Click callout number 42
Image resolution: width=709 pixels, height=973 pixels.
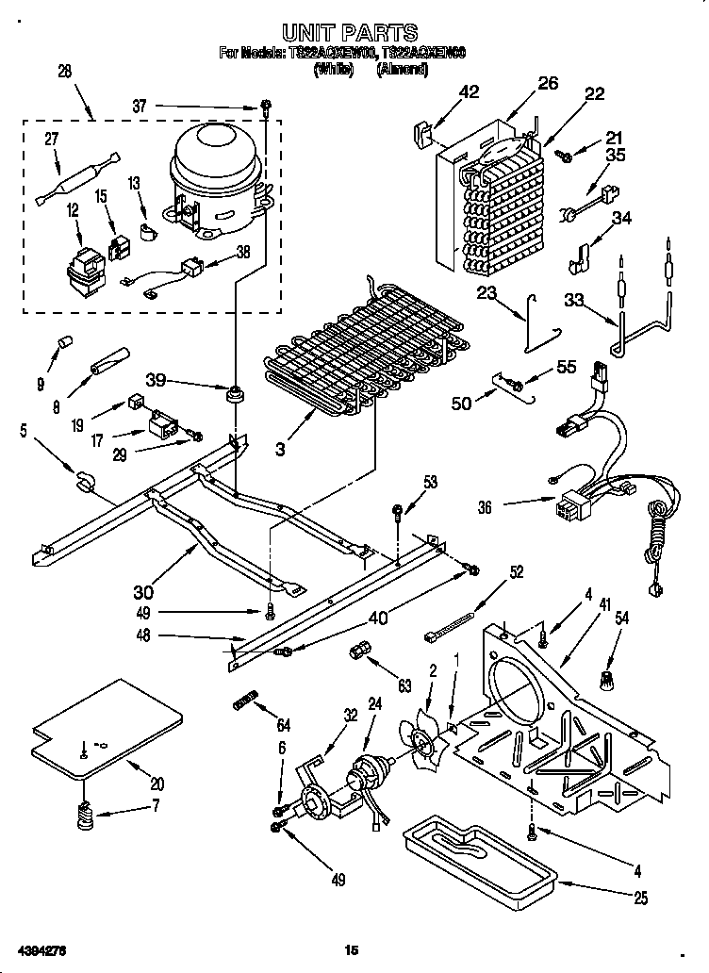point(468,91)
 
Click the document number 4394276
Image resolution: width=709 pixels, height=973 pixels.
point(41,948)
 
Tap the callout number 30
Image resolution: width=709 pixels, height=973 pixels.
point(143,592)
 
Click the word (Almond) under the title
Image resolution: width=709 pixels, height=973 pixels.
point(403,69)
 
